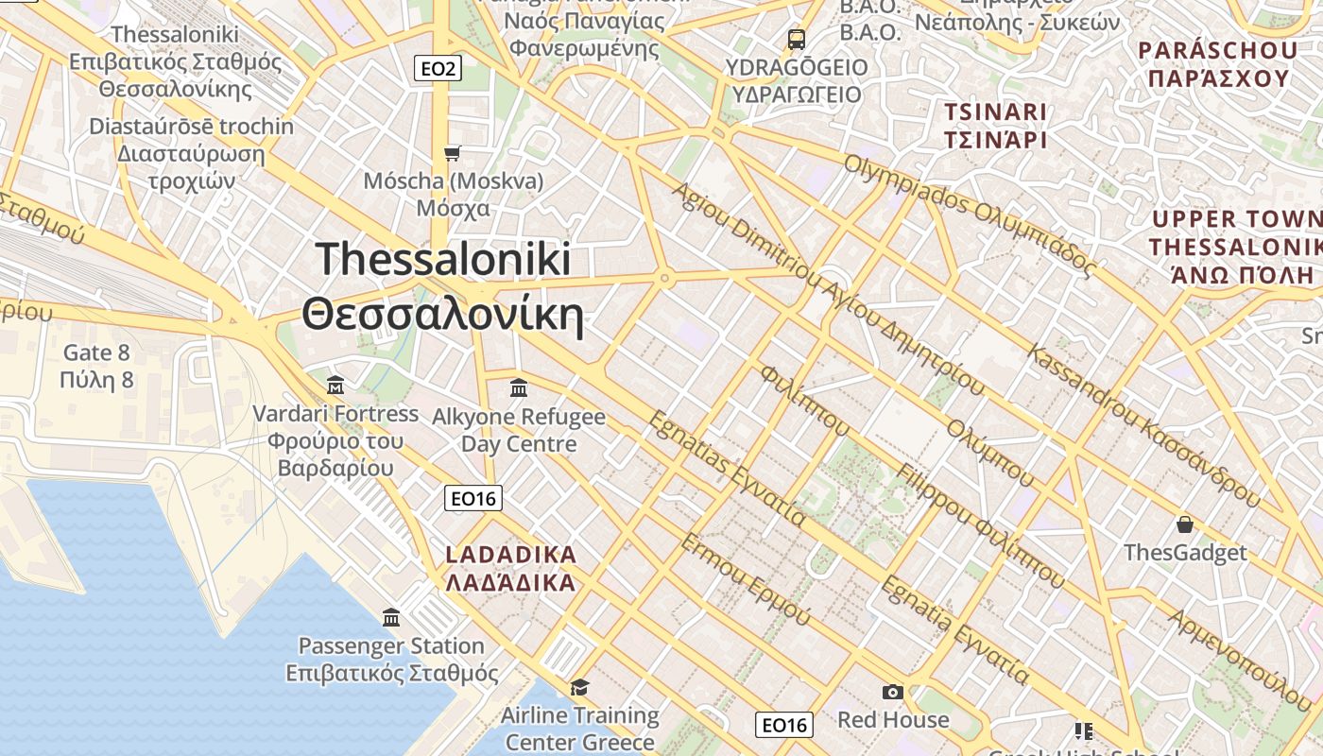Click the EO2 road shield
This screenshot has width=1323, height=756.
click(x=438, y=68)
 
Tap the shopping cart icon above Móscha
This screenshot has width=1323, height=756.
click(x=453, y=153)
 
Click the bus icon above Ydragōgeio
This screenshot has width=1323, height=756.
click(x=797, y=40)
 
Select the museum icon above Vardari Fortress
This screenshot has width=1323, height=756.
click(x=335, y=386)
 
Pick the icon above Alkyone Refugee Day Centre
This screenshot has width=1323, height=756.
click(x=518, y=388)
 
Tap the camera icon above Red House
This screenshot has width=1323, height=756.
click(x=892, y=693)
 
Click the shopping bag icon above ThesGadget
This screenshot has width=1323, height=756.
click(x=1185, y=524)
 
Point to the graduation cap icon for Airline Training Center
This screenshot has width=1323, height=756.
click(x=579, y=687)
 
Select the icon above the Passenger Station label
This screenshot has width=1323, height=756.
click(x=391, y=618)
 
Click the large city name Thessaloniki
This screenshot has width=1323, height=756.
click(x=443, y=260)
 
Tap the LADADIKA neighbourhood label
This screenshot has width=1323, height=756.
click(x=510, y=555)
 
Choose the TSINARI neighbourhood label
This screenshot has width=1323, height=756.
click(x=996, y=112)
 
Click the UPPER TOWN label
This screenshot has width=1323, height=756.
click(x=1233, y=220)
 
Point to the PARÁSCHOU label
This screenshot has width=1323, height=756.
click(x=1204, y=50)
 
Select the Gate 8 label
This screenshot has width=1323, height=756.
click(x=96, y=353)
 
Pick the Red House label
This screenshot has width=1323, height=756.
click(x=893, y=719)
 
